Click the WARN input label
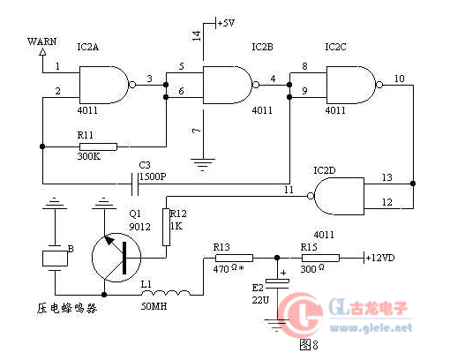coord(41,41)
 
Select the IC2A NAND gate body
coord(104,85)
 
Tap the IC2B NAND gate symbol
coord(228,85)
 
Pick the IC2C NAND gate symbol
coord(351,85)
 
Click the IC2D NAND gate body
coord(339,196)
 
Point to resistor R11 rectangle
coord(98,146)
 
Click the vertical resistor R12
coord(166,227)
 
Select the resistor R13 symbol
coord(234,258)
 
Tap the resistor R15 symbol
coord(320,258)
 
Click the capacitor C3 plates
coord(135,184)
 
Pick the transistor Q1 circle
coord(116,258)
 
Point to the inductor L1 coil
coord(166,293)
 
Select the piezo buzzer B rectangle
coord(55,259)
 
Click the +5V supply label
coord(227,23)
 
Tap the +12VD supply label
coord(380,258)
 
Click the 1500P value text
coord(153,176)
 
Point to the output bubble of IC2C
coord(379,85)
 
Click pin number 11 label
coord(289,190)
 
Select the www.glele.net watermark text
coord(371,327)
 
